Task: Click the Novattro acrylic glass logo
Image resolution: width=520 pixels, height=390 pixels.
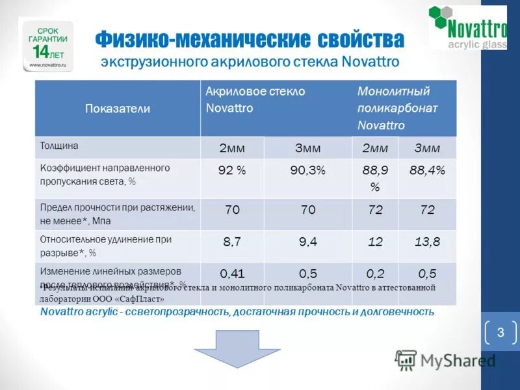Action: click(x=467, y=27)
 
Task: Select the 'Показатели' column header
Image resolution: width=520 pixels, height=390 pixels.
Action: click(x=117, y=109)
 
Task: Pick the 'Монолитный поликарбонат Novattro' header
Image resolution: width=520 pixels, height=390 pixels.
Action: click(x=397, y=108)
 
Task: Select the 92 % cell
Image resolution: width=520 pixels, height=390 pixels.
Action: click(x=232, y=170)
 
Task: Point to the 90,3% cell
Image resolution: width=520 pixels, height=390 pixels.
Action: click(x=307, y=170)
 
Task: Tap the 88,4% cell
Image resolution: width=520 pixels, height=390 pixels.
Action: click(x=427, y=170)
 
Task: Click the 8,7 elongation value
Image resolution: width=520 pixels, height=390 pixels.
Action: click(x=232, y=242)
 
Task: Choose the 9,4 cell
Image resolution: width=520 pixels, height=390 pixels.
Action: click(x=307, y=242)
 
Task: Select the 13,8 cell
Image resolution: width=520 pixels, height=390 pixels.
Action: click(x=427, y=242)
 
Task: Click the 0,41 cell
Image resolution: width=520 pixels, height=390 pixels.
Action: click(x=232, y=274)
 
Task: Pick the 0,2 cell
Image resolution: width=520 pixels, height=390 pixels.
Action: click(x=374, y=274)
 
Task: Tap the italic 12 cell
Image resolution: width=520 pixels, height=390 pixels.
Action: click(x=374, y=242)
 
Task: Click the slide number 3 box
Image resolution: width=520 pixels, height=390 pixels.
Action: click(x=500, y=333)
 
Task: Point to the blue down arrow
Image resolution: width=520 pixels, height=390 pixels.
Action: click(x=227, y=348)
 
